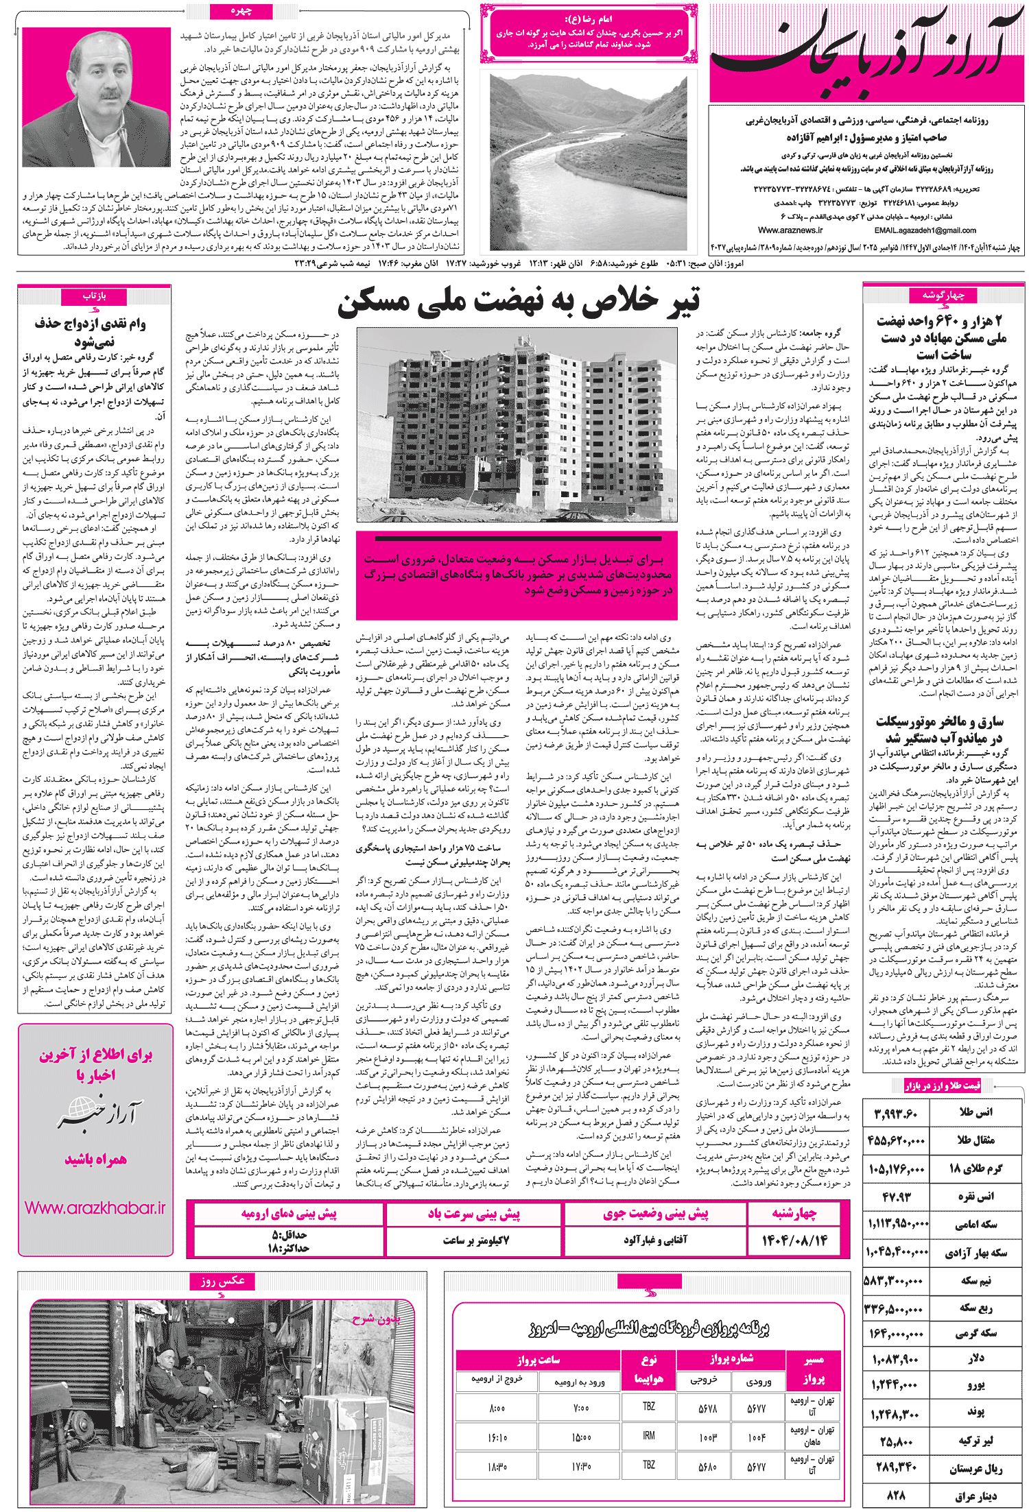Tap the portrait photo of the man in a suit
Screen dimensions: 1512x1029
tap(96, 97)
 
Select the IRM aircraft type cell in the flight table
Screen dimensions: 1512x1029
tap(648, 1435)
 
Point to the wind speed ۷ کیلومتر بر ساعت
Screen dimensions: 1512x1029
tap(475, 1240)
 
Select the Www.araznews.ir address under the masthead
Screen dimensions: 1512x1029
tap(790, 230)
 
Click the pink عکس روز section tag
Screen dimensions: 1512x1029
tap(222, 1281)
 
